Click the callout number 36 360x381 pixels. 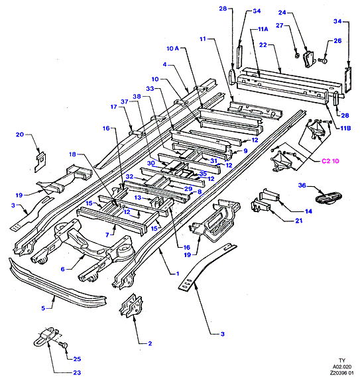302,186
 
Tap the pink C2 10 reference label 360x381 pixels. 330,161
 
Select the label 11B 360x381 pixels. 345,128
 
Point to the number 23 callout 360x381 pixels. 77,372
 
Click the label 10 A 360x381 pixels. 172,48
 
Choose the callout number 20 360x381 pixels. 20,135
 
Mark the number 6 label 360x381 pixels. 63,269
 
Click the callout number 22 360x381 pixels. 263,44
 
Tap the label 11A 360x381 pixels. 263,29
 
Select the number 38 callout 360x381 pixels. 137,97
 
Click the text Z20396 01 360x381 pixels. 341,373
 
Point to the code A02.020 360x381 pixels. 342,366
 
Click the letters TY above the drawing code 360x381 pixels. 342,360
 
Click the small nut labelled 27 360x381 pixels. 297,56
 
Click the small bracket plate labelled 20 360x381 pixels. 40,162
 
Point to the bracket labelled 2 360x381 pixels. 131,306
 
